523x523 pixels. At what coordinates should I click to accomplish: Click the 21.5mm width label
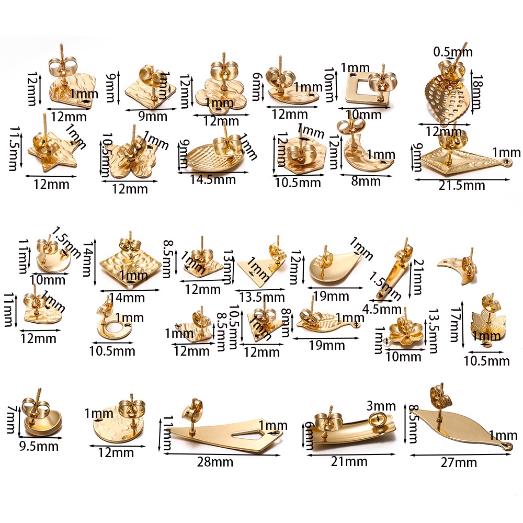(461, 186)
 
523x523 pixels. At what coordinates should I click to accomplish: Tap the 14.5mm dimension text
(213, 180)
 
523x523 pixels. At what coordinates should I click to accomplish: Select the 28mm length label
(215, 462)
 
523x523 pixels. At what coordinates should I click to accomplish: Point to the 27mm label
(459, 463)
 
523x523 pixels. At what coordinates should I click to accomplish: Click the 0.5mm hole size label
(453, 52)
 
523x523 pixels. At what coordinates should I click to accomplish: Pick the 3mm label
(381, 406)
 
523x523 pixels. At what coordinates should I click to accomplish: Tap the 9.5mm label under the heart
(39, 446)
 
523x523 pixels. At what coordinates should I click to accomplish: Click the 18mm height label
(477, 92)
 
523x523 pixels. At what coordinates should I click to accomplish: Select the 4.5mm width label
(382, 309)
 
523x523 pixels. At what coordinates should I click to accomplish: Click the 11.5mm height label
(14, 149)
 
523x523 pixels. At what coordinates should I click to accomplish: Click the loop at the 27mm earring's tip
(508, 446)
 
